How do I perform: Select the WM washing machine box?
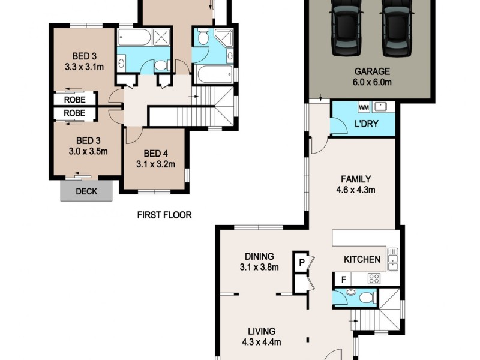363,107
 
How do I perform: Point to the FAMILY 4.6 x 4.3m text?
356,185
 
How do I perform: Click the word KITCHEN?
362,259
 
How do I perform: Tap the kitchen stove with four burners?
374,278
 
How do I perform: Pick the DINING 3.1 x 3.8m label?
259,262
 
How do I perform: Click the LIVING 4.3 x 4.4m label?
259,337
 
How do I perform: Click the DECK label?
86,192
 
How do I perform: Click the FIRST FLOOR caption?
164,215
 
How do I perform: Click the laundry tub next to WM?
380,107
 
